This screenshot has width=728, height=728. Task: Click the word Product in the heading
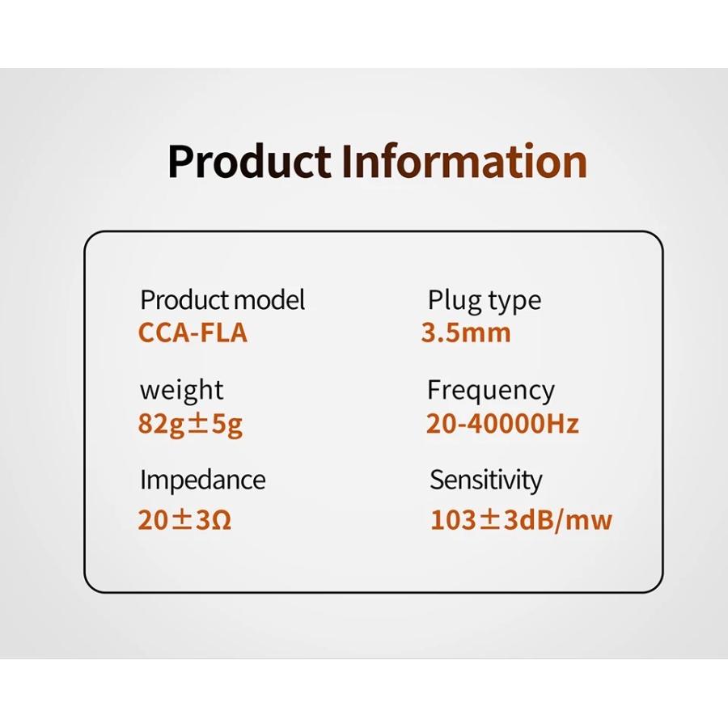coord(249,161)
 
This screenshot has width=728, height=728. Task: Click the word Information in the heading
coord(463,161)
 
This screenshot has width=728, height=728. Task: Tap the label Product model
coord(222,300)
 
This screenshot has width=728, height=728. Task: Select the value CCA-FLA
coord(193,333)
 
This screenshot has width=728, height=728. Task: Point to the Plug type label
coord(484,301)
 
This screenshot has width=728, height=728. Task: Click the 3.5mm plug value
coord(466,333)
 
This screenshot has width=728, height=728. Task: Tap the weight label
coord(181,391)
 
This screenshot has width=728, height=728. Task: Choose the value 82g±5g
coord(190,424)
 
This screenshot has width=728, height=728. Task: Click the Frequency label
coord(490,391)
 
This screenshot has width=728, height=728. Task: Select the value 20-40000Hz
coord(502,424)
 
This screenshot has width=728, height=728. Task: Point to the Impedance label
coord(202,480)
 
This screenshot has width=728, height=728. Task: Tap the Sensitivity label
coord(485,480)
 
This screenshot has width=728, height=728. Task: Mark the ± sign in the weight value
coord(198,424)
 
